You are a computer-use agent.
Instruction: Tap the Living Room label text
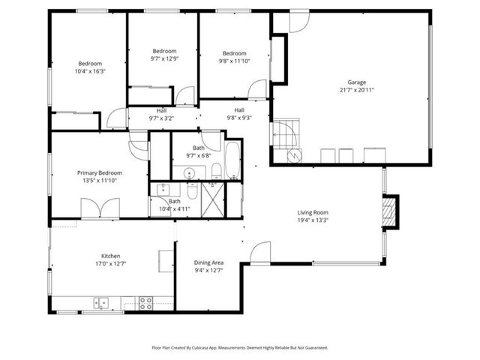click(x=313, y=212)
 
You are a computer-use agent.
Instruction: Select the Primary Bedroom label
click(x=99, y=172)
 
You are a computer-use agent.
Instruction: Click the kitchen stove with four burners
click(x=145, y=303)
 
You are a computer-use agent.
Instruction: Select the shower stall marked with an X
click(x=214, y=199)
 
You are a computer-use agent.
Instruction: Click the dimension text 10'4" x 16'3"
click(x=90, y=72)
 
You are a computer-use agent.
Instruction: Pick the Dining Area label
click(x=208, y=262)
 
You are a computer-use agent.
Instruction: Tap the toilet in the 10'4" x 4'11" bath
click(x=191, y=192)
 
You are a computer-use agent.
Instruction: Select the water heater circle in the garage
click(x=295, y=156)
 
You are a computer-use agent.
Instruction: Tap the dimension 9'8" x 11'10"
click(x=234, y=61)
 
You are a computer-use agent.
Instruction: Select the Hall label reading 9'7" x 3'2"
click(x=161, y=118)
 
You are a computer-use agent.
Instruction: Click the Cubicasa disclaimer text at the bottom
click(x=239, y=348)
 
